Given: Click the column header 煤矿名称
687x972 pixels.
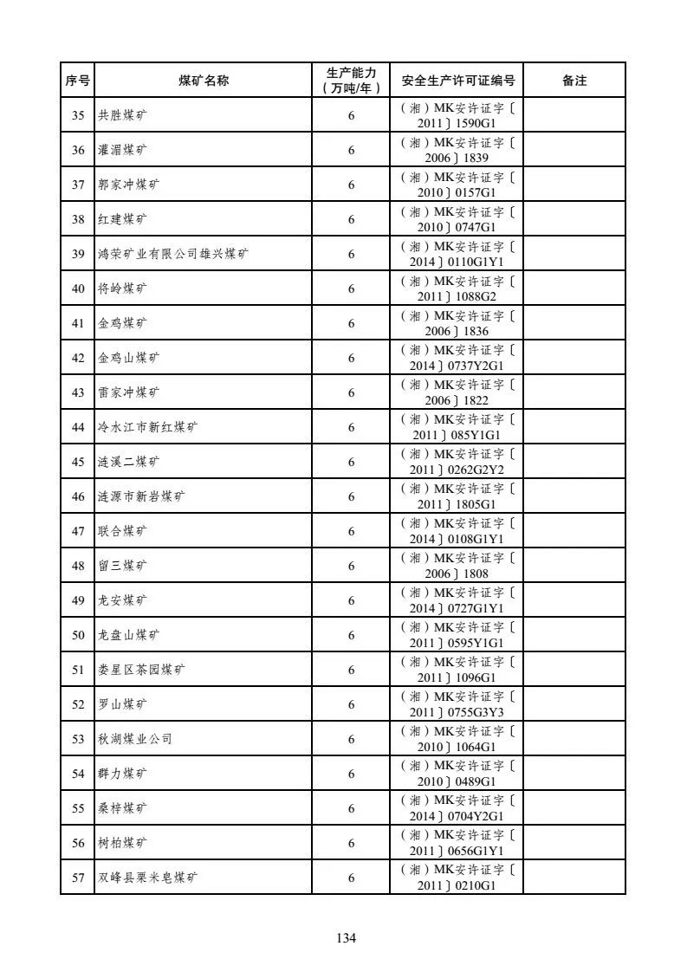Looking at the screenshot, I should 204,81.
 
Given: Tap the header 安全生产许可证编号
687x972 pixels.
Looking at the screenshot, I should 457,81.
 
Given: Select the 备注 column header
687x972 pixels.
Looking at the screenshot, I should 574,81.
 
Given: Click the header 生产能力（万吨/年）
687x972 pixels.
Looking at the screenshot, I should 351,81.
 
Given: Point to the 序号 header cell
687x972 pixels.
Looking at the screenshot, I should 77,81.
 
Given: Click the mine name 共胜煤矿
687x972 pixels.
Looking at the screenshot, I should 122,115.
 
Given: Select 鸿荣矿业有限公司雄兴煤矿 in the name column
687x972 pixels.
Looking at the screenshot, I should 173,254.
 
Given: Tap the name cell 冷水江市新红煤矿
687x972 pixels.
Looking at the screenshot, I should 147,427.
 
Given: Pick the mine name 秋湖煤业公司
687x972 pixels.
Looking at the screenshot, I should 135,739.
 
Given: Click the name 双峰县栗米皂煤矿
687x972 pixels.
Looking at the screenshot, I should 147,878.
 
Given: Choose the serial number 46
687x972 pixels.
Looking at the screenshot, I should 78,496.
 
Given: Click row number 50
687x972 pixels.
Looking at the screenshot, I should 78,635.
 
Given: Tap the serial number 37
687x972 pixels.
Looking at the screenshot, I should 78,185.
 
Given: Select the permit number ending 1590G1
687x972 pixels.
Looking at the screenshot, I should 457,115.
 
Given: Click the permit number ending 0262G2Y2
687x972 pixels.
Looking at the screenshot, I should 457,462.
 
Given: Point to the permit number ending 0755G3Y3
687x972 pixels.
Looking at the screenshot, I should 457,704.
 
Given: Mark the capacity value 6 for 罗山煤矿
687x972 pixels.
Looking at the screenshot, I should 351,704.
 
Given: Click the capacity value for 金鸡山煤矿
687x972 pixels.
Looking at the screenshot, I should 351,358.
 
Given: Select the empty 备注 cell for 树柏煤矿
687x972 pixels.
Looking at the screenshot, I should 574,843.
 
